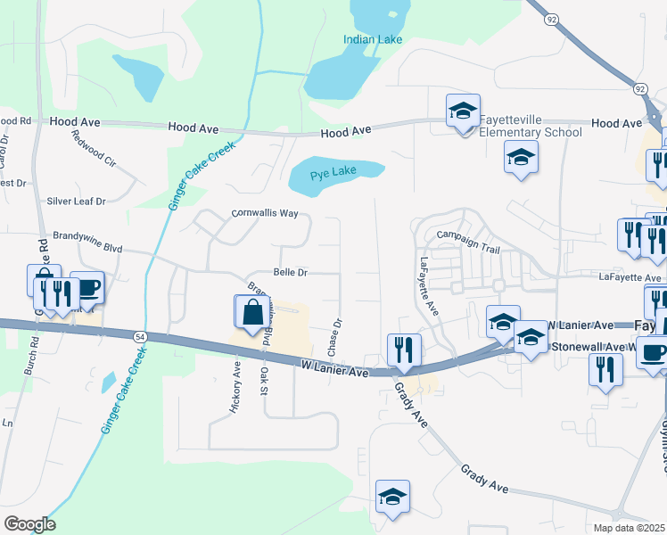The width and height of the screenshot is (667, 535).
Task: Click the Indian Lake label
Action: [373, 39]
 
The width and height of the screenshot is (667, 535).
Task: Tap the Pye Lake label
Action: [333, 176]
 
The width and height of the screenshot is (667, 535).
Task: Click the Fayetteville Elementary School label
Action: [531, 126]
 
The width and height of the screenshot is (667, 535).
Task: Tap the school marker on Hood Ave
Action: [464, 112]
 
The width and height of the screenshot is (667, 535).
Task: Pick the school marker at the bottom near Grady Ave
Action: [392, 498]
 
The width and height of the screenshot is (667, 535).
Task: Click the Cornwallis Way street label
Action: [265, 213]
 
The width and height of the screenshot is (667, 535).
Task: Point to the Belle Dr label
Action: [290, 273]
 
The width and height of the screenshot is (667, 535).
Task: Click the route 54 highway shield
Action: [139, 336]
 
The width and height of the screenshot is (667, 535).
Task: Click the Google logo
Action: [29, 524]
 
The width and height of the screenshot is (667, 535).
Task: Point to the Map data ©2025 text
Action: [629, 528]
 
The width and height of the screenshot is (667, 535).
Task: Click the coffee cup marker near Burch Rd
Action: [86, 288]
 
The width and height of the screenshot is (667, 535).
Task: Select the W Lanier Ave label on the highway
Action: [334, 366]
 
